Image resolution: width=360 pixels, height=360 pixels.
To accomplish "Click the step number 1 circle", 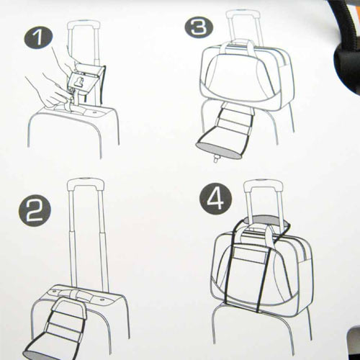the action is tap(38, 38).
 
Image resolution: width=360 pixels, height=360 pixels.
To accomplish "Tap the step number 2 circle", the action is tap(35, 210).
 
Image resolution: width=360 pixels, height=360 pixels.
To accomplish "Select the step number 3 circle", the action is tap(199, 27).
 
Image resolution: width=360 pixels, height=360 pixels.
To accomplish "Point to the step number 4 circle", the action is tap(216, 199).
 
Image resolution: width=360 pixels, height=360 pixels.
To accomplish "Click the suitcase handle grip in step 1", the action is tap(84, 24).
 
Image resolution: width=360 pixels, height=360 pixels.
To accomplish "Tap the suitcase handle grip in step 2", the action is tap(86, 184).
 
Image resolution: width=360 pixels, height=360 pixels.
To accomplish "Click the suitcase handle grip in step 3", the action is tap(243, 14).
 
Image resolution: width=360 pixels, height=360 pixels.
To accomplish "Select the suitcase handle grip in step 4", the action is tap(264, 185).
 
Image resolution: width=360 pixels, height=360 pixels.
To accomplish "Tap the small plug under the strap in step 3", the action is tap(217, 158).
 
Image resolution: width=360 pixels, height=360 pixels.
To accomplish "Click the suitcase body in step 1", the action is tap(73, 132).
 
